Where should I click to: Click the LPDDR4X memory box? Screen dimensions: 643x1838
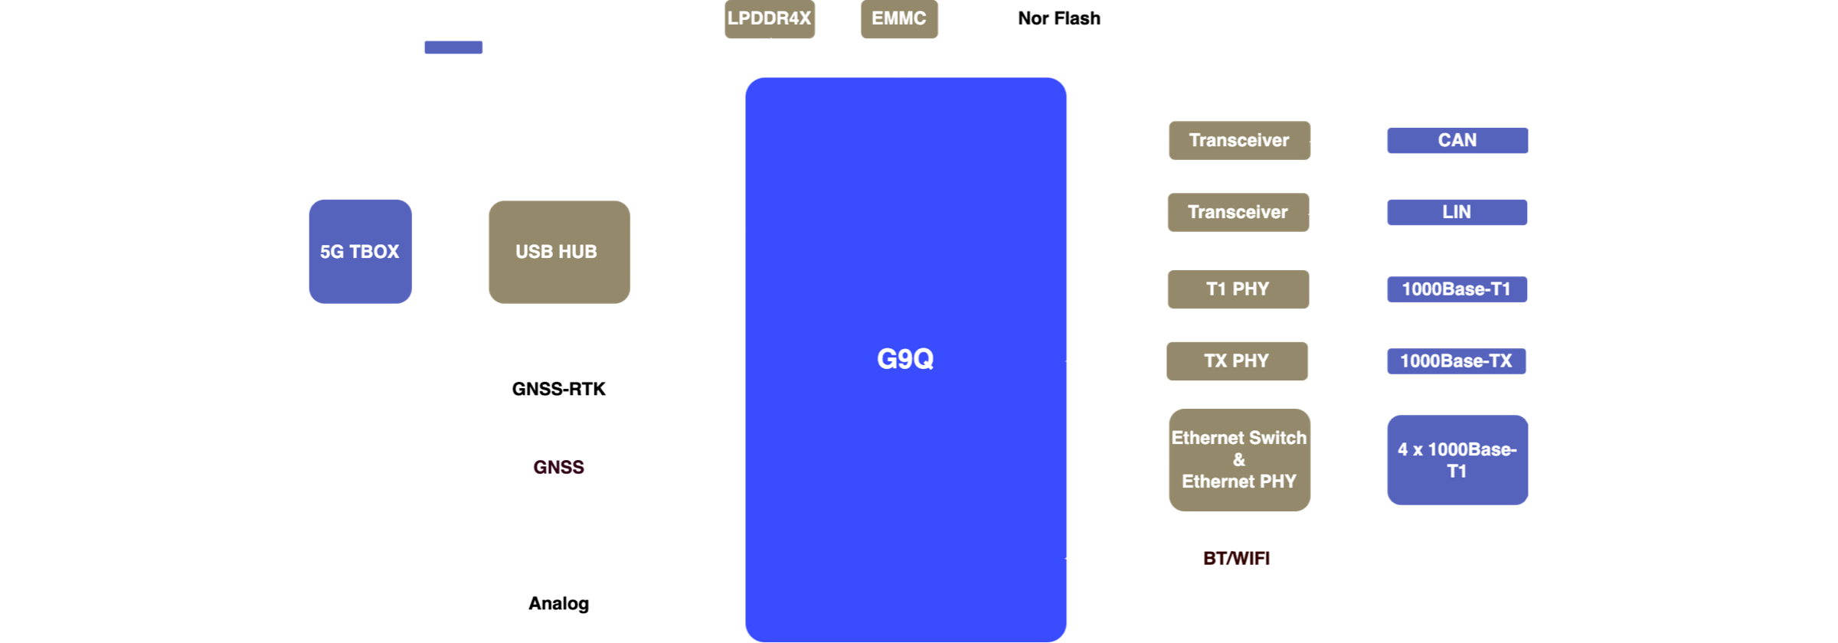[770, 19]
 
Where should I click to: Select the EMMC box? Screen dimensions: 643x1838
[899, 19]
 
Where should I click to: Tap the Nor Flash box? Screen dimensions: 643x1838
[1060, 19]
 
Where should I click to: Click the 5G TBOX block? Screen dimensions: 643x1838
[360, 252]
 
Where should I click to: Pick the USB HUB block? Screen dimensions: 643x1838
[559, 252]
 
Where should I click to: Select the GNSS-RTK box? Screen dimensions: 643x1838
[559, 390]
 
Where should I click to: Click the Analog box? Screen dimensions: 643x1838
[559, 604]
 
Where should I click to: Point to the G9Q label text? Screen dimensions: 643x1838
[905, 359]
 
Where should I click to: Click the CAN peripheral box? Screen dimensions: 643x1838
[1457, 141]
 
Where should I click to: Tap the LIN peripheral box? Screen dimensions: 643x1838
[1457, 212]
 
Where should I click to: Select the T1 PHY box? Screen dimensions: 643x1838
[1238, 289]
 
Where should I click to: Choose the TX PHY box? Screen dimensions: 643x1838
[1237, 361]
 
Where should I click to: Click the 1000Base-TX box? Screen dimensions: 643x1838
[1457, 361]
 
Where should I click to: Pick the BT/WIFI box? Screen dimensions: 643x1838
[1237, 559]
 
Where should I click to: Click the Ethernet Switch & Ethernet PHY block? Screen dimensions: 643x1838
[1239, 460]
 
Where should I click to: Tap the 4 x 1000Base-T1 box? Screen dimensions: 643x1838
[1457, 460]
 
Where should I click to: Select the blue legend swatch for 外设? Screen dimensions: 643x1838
[453, 47]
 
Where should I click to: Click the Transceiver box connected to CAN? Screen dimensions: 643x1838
[1239, 141]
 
